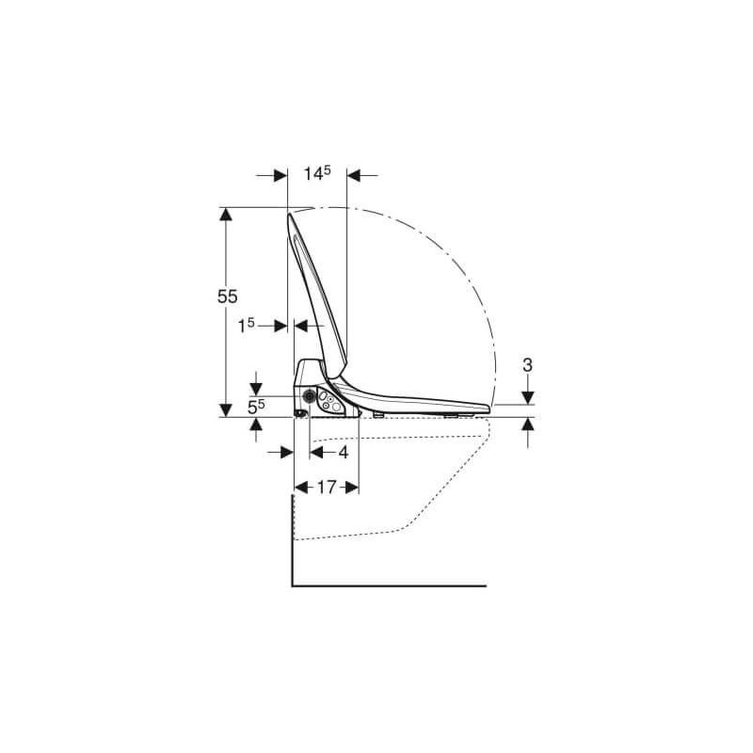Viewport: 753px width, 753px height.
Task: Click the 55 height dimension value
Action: point(227,296)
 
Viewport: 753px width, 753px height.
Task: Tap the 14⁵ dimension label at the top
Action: point(317,173)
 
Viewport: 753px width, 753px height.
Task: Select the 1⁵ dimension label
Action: point(247,327)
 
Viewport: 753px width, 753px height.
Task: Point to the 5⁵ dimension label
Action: point(256,408)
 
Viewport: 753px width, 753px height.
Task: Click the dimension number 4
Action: point(343,452)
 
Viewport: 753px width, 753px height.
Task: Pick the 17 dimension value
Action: point(327,488)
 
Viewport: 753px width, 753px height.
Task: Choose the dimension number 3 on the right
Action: point(527,365)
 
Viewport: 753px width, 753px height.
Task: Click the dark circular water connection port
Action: point(310,396)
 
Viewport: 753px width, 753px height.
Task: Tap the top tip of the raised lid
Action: point(290,214)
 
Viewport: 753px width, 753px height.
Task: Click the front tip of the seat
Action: point(489,409)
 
